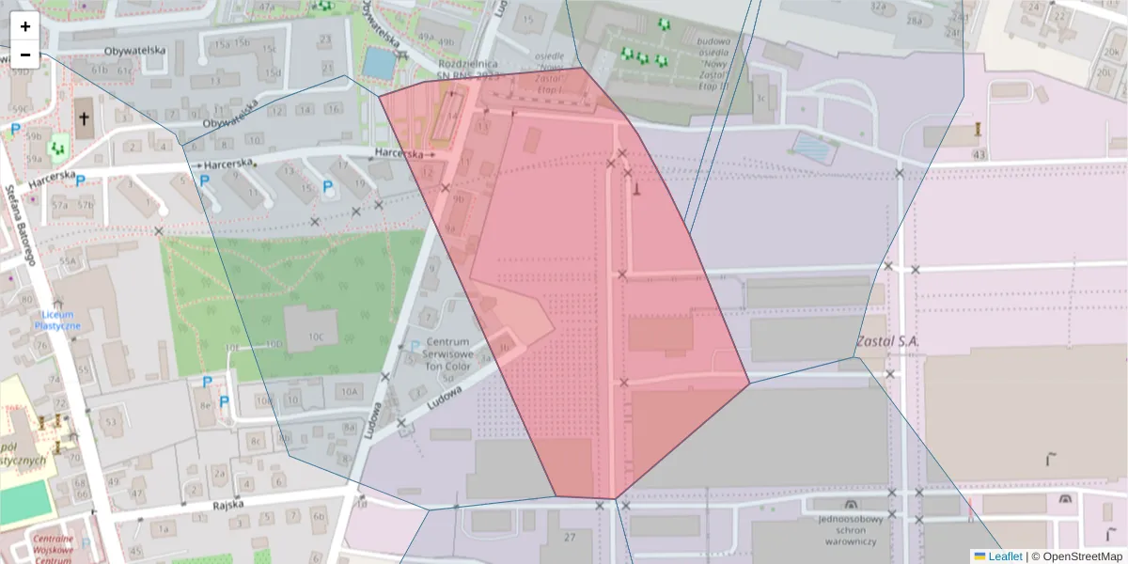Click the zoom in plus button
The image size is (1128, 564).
pyautogui.click(x=25, y=26)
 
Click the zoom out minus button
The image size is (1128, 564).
pyautogui.click(x=25, y=55)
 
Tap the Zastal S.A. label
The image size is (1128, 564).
pyautogui.click(x=887, y=341)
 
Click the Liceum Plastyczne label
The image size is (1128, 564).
pyautogui.click(x=57, y=320)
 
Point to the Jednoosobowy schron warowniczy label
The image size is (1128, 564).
pyautogui.click(x=851, y=530)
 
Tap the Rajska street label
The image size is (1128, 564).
pyautogui.click(x=228, y=505)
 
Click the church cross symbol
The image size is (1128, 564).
pyautogui.click(x=85, y=119)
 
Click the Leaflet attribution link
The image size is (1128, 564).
pyautogui.click(x=1005, y=556)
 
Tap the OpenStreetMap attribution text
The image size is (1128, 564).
pyautogui.click(x=1078, y=556)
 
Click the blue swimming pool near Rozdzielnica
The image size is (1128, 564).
pyautogui.click(x=379, y=63)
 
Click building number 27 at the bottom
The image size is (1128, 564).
pyautogui.click(x=570, y=537)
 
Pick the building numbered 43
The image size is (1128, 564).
pyautogui.click(x=979, y=153)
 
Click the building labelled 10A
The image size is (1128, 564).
pyautogui.click(x=350, y=391)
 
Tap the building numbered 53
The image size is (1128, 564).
pyautogui.click(x=112, y=421)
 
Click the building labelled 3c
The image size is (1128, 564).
pyautogui.click(x=760, y=97)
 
